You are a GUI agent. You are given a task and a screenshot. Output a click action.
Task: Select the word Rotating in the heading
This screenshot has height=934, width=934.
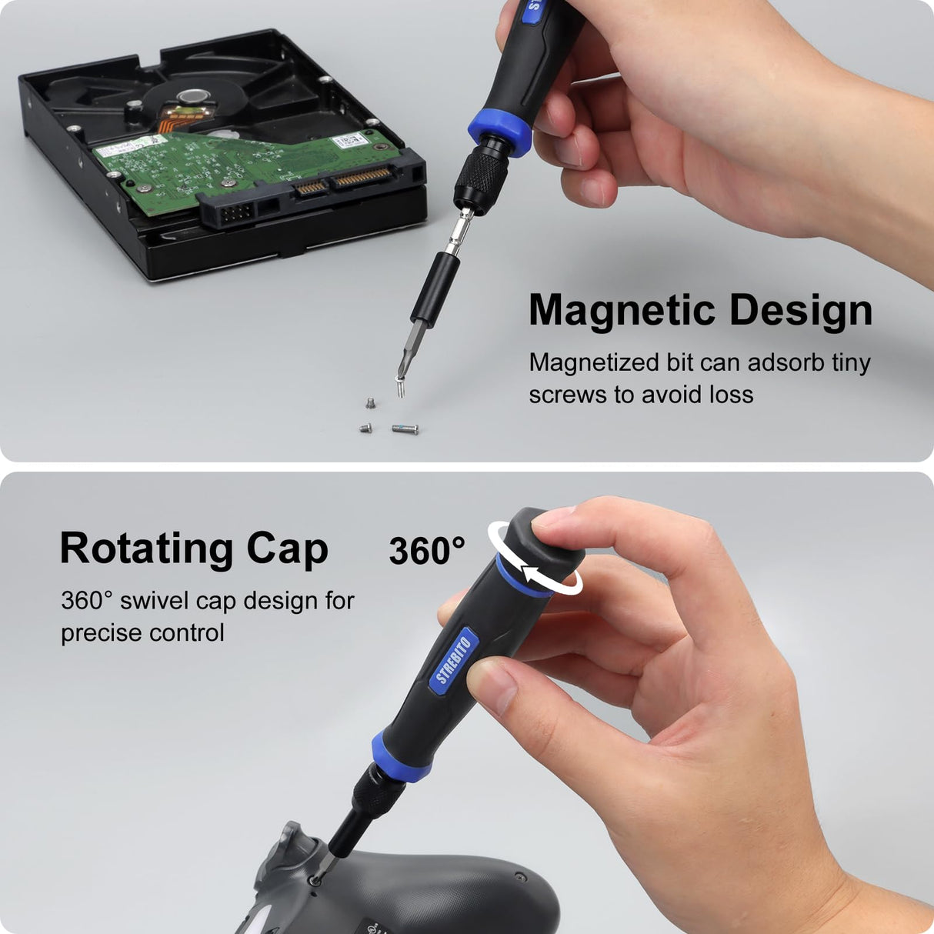coord(146,549)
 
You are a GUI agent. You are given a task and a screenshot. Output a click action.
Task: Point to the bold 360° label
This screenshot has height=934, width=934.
coord(427,551)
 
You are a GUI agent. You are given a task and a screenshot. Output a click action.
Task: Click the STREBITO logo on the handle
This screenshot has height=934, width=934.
coord(453,659)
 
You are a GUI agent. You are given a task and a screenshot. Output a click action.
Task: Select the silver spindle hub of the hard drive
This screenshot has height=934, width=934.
coord(189,97)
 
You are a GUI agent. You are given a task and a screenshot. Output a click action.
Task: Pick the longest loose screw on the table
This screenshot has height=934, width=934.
coord(405,429)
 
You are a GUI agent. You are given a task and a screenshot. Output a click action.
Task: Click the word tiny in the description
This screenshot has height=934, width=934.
coord(850,362)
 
